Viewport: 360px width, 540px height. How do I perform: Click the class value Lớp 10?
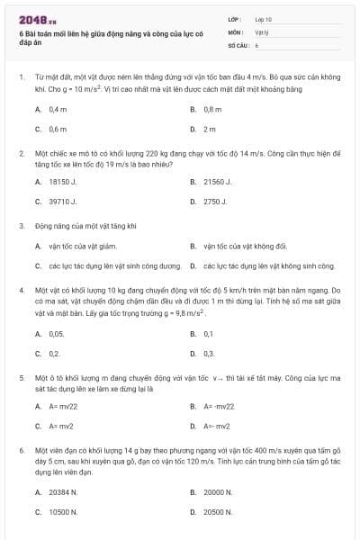point(264,19)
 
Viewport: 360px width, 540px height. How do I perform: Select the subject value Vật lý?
point(262,31)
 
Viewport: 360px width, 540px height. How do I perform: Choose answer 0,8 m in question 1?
point(212,109)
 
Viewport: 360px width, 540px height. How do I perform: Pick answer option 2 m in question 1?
point(210,129)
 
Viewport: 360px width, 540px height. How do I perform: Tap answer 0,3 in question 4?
point(209,354)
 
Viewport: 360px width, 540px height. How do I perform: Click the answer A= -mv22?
point(219,407)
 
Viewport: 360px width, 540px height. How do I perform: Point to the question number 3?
point(21,226)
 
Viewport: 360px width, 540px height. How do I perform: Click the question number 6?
point(21,449)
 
